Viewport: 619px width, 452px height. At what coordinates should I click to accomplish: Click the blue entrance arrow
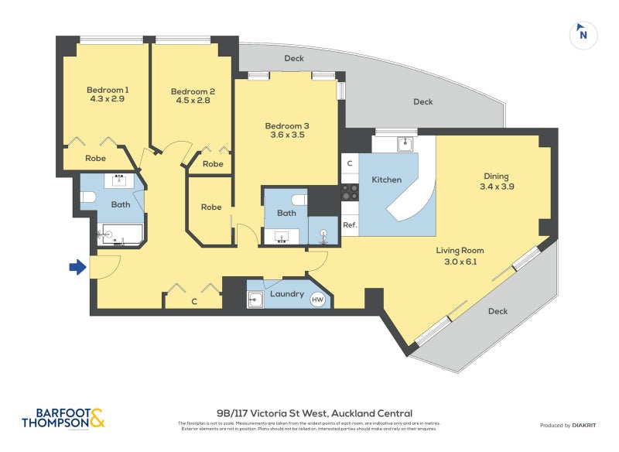77,267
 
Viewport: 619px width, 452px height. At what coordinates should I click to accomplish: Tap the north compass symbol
583,34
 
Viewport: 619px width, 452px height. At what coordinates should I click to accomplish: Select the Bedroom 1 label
107,89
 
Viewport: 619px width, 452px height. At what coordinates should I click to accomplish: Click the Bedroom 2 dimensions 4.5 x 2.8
193,101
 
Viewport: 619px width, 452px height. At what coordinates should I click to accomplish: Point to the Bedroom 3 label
287,125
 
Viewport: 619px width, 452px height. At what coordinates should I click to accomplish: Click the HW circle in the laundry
317,299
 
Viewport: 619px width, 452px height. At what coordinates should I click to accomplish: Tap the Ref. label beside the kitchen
350,226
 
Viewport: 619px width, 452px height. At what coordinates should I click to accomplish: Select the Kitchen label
386,180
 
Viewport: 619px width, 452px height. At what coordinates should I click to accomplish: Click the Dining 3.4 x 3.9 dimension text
498,187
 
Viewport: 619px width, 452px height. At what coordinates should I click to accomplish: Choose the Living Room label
460,250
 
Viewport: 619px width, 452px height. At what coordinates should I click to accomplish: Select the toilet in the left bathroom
88,198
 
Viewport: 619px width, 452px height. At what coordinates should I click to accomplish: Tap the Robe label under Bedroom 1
95,158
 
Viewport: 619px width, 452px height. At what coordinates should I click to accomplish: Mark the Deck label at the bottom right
498,311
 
